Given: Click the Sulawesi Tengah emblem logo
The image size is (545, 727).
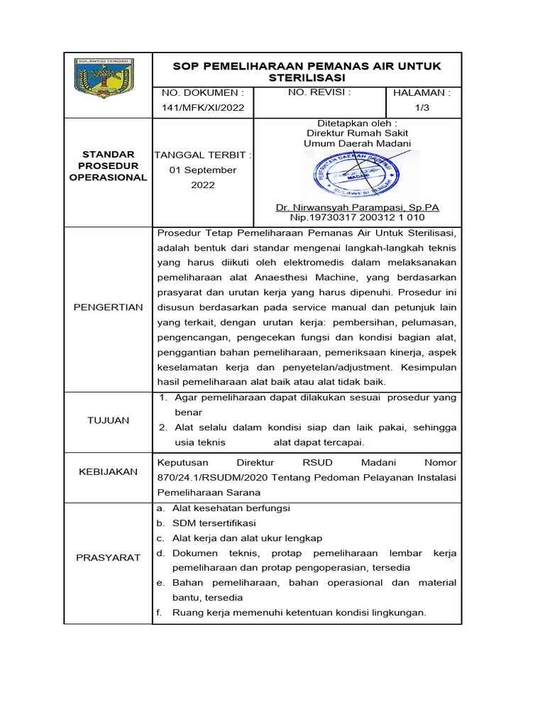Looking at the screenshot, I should click(x=108, y=84).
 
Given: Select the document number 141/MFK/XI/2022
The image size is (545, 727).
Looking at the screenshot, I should click(x=202, y=107).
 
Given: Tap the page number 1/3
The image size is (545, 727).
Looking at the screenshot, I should click(x=422, y=107).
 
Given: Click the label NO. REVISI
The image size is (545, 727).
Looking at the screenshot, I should click(x=319, y=92).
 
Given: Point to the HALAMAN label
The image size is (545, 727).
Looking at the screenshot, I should click(x=422, y=92).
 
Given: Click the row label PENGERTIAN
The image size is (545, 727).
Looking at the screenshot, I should click(x=108, y=307).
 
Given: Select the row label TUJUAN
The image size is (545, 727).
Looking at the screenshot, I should click(x=108, y=420).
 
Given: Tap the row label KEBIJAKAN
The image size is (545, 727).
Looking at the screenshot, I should click(x=108, y=471).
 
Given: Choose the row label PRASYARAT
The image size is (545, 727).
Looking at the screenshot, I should click(x=108, y=557).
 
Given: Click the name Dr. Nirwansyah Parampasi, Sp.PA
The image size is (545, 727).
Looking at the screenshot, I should click(x=357, y=207).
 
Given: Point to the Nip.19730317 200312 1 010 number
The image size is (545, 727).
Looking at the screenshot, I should click(x=357, y=217).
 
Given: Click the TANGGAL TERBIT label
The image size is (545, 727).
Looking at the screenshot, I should click(x=202, y=155).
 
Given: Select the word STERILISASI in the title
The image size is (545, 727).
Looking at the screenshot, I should click(x=307, y=77).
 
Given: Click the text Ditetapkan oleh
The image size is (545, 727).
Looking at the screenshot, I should click(x=357, y=123).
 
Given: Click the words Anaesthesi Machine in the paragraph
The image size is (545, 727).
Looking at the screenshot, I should click(x=332, y=276).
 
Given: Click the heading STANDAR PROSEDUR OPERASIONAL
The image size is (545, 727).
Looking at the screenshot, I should click(x=108, y=165).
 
